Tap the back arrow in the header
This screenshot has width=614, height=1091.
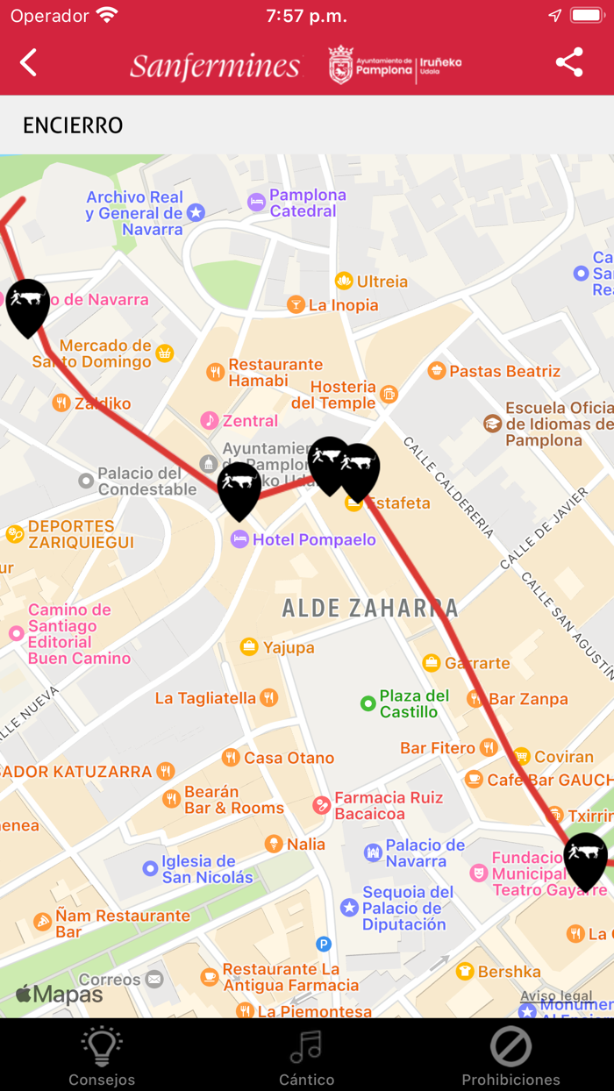pyautogui.click(x=29, y=63)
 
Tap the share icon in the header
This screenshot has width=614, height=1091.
pyautogui.click(x=569, y=63)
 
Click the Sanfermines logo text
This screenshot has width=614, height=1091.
pyautogui.click(x=216, y=66)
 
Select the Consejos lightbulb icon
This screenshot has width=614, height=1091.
pyautogui.click(x=102, y=1046)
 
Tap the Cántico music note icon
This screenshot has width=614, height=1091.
pyautogui.click(x=306, y=1046)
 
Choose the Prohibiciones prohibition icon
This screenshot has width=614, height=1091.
pyautogui.click(x=510, y=1046)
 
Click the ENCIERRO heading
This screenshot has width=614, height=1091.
pyautogui.click(x=73, y=125)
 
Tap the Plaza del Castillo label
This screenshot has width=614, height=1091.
pyautogui.click(x=414, y=703)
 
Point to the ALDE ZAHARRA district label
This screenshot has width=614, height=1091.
pyautogui.click(x=370, y=608)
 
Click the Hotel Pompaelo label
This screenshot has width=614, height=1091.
pyautogui.click(x=314, y=539)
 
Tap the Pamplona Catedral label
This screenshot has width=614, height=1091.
pyautogui.click(x=307, y=203)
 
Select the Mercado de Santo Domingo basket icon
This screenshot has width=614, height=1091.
pyautogui.click(x=164, y=353)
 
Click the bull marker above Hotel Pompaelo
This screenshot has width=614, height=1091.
pyautogui.click(x=239, y=489)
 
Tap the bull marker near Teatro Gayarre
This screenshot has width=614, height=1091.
pyautogui.click(x=585, y=859)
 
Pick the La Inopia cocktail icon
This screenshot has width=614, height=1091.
pyautogui.click(x=296, y=305)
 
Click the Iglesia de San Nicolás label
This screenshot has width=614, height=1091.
pyautogui.click(x=207, y=869)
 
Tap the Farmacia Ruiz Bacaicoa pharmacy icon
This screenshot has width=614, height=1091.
pyautogui.click(x=322, y=805)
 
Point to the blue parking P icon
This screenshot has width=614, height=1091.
pyautogui.click(x=324, y=945)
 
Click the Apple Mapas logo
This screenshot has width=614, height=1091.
pyautogui.click(x=60, y=995)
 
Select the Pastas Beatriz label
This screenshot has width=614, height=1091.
pyautogui.click(x=504, y=371)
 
